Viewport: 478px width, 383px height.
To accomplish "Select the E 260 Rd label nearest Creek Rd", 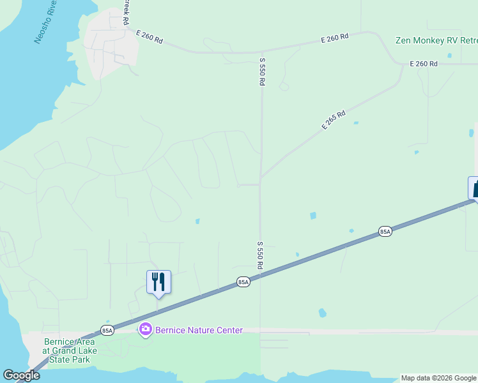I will [150, 37].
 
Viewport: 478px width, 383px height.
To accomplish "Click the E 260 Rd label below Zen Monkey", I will [424, 64].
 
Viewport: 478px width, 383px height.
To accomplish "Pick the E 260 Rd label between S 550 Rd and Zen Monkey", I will [334, 39].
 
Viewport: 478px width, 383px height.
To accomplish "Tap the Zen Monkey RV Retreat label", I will [436, 40].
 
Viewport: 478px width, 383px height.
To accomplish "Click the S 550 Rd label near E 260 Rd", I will [262, 73].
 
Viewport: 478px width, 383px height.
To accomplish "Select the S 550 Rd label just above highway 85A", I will [261, 255].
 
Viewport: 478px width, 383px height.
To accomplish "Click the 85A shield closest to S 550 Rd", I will [243, 282].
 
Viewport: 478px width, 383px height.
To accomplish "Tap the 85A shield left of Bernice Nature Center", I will [107, 330].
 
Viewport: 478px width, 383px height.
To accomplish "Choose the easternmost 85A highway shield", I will [384, 231].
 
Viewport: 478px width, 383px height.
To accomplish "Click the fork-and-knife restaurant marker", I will [158, 282].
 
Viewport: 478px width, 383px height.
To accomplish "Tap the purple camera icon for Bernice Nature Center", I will [146, 329].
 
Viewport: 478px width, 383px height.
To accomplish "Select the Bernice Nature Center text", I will [199, 330].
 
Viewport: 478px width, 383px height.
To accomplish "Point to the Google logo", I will [21, 375].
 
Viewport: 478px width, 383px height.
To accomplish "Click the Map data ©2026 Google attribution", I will [438, 378].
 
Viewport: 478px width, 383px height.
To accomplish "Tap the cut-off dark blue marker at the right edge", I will [474, 188].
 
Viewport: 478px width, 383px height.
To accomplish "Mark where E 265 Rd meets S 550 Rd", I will [261, 177].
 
